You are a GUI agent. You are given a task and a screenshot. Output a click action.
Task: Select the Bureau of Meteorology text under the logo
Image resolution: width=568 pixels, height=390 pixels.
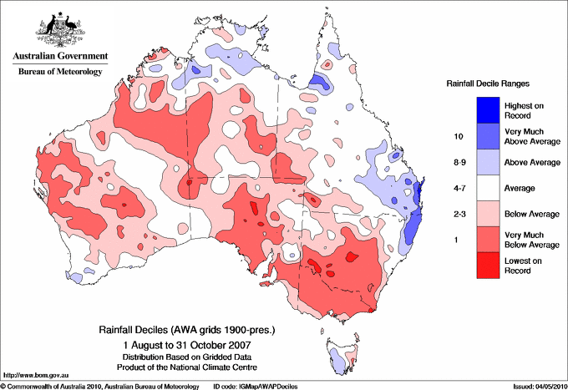[59, 72]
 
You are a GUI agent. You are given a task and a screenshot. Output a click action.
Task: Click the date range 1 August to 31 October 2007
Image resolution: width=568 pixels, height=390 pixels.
[185, 344]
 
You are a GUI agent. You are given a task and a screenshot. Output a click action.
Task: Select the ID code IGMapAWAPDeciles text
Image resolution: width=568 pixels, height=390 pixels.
[254, 385]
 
